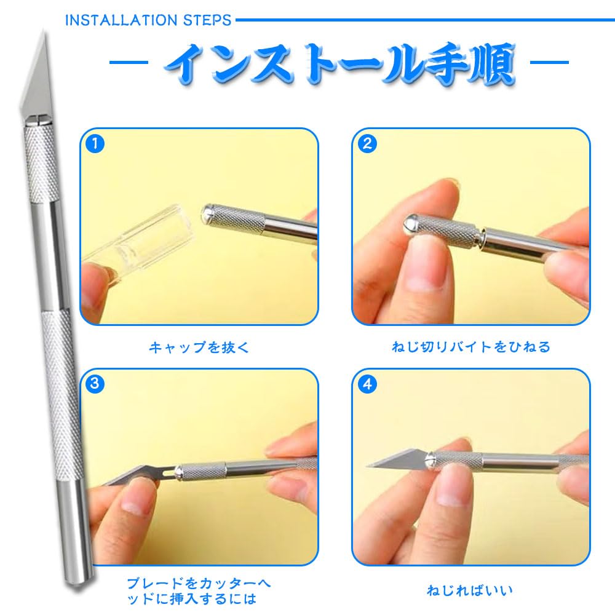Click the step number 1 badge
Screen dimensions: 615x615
(94, 145)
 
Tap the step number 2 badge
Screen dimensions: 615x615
(367, 145)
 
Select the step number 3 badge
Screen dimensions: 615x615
(94, 384)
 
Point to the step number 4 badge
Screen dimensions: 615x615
(367, 384)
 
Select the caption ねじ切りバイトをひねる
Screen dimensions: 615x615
(471, 347)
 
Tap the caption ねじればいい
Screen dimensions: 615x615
(470, 591)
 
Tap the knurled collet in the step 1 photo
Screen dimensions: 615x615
(237, 218)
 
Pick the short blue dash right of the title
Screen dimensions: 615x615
(549, 62)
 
